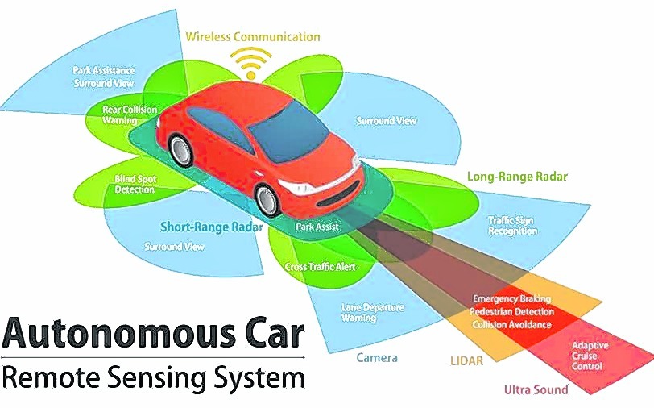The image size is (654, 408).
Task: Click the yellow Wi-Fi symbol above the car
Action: pyautogui.click(x=250, y=63)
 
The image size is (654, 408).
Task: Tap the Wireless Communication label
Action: pyautogui.click(x=253, y=37)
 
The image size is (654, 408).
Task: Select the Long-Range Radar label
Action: pyautogui.click(x=517, y=177)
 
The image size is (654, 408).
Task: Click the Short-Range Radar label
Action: pyautogui.click(x=212, y=227)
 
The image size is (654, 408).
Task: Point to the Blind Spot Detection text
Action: pyautogui.click(x=135, y=184)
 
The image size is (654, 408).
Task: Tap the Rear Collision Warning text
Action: pyautogui.click(x=130, y=114)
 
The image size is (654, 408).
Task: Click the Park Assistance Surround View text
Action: pyautogui.click(x=104, y=77)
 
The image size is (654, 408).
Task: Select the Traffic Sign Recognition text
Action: pyautogui.click(x=512, y=226)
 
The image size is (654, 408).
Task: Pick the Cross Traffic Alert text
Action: pyautogui.click(x=321, y=266)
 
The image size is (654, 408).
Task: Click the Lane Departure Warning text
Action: pyautogui.click(x=373, y=312)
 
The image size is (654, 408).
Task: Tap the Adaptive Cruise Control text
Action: pyautogui.click(x=590, y=356)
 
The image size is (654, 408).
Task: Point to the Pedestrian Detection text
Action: pyautogui.click(x=511, y=311)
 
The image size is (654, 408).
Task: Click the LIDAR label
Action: pyautogui.click(x=466, y=360)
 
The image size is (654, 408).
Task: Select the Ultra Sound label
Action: pyautogui.click(x=536, y=389)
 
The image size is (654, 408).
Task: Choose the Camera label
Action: pyautogui.click(x=377, y=357)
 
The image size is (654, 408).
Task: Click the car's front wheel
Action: pyautogui.click(x=267, y=200)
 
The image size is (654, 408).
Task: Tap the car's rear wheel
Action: pyautogui.click(x=180, y=151)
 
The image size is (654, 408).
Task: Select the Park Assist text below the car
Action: pyautogui.click(x=317, y=227)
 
